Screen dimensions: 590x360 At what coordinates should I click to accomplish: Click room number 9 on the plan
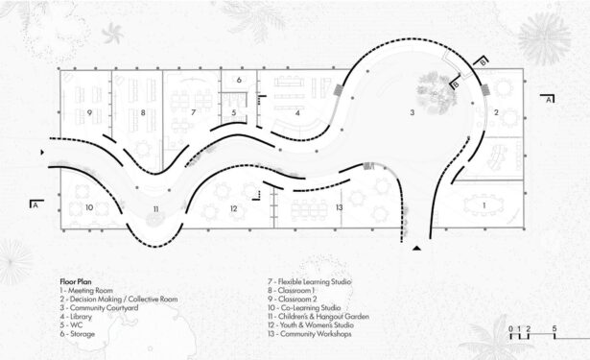[89, 112]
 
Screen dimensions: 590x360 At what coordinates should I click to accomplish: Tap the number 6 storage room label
[239, 80]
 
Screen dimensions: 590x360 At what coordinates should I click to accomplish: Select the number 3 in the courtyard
[413, 112]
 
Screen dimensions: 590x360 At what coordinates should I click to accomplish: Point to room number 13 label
[340, 207]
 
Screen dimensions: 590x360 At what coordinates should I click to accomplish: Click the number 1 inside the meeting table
[484, 205]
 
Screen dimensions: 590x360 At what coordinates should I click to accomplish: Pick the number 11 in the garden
[155, 209]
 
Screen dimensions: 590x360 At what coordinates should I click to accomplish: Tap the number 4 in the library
[297, 112]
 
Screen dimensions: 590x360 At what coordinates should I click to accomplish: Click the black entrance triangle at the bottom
[416, 248]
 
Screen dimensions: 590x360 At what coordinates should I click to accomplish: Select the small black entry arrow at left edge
[42, 152]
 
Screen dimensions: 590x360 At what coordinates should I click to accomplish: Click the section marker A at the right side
[548, 99]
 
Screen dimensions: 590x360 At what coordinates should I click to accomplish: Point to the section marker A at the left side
[35, 204]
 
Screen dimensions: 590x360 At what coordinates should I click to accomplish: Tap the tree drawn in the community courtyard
[437, 93]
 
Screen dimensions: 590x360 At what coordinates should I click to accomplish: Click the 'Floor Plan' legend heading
[76, 281]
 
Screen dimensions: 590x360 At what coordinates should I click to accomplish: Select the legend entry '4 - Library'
[76, 316]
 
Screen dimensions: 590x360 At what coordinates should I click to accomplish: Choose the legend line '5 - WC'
[71, 325]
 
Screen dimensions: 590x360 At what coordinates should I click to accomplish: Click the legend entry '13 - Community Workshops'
[310, 334]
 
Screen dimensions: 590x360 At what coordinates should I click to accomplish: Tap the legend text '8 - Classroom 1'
[292, 290]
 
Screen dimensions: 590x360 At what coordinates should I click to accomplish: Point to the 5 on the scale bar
[555, 328]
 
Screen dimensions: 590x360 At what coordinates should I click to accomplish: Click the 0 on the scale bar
[510, 328]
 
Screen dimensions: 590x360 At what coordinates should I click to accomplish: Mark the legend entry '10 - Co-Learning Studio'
[304, 307]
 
